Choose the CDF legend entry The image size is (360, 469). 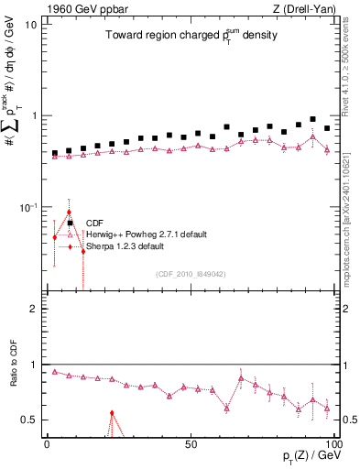(x=94, y=223)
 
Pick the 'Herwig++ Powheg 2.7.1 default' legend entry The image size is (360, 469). (x=146, y=234)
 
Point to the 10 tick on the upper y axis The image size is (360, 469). (x=31, y=25)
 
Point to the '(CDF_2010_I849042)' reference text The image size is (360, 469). (x=191, y=274)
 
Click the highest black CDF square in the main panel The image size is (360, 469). (x=313, y=119)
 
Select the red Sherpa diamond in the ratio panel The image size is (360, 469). (x=112, y=413)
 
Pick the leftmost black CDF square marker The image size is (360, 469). (x=55, y=153)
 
